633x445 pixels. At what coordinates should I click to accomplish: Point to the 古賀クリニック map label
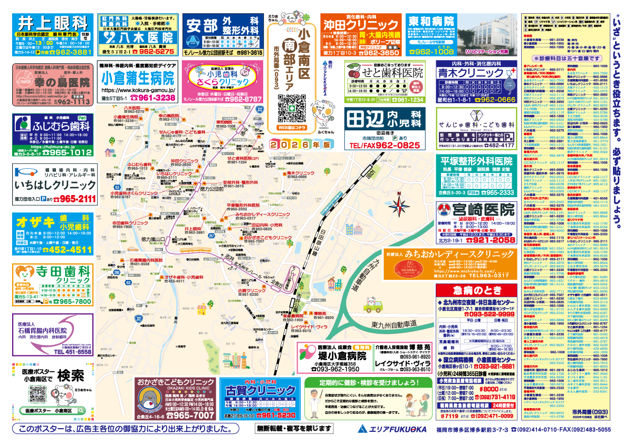(x=251, y=291)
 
